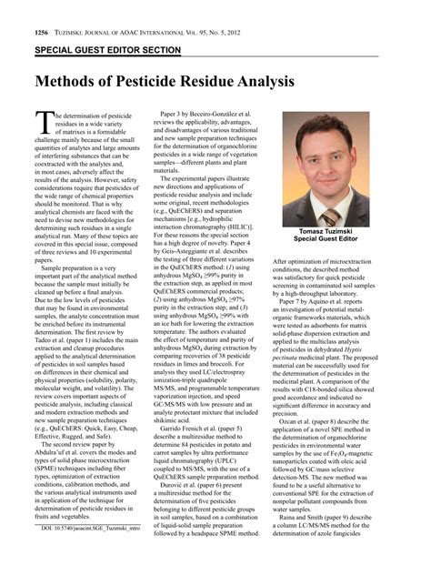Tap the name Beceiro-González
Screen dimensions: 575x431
pos(208,117)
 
